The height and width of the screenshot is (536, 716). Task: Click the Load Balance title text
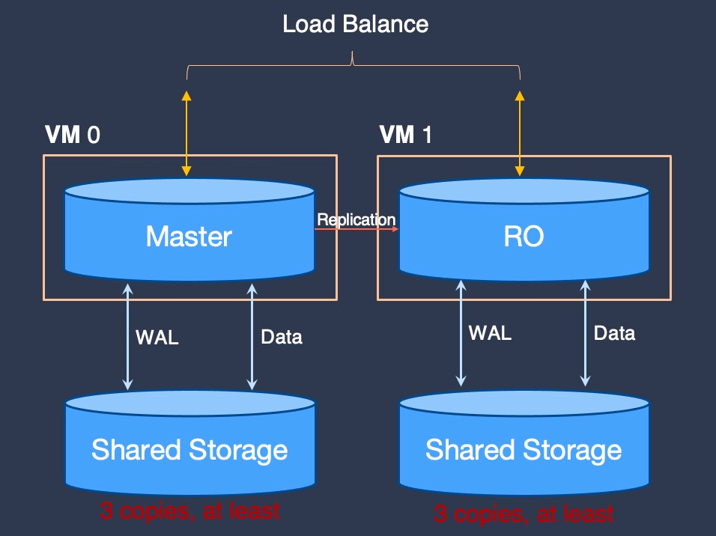click(355, 24)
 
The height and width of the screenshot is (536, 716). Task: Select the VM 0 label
click(73, 135)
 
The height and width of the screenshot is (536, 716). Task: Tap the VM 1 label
click(405, 135)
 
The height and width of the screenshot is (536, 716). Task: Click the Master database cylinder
click(189, 230)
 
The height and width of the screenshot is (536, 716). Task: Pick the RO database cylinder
click(524, 230)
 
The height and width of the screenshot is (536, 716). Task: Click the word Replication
click(357, 219)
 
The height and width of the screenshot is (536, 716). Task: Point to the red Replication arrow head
click(395, 229)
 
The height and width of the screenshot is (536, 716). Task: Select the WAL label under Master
click(157, 338)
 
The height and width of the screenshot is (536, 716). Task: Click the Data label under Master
click(282, 337)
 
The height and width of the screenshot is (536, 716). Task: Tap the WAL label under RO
click(490, 333)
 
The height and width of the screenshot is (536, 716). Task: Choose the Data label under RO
click(615, 333)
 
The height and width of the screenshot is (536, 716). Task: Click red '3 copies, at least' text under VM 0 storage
click(189, 511)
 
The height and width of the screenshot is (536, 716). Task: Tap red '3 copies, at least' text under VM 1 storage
click(524, 514)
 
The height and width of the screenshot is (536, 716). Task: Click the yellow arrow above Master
click(186, 133)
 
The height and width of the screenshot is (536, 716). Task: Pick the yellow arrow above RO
click(520, 133)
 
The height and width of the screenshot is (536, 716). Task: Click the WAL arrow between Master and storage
click(128, 337)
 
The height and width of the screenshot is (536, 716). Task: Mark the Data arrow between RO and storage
click(586, 333)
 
